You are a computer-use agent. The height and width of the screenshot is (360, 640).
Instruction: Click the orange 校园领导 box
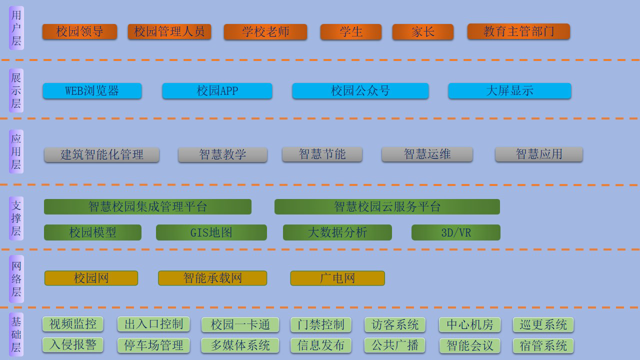point(79,31)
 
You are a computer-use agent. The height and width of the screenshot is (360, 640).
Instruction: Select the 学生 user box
point(351,31)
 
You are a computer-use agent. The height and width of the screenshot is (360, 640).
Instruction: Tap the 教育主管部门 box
point(518,31)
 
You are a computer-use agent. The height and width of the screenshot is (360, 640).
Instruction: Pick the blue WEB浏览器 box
point(92,91)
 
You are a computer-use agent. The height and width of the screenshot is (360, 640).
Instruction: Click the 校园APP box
point(217,91)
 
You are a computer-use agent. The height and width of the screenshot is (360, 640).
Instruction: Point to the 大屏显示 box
point(509,91)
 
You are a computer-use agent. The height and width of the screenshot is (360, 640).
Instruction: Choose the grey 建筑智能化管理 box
point(101,154)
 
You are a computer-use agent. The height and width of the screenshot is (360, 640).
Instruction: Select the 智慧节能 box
point(322,154)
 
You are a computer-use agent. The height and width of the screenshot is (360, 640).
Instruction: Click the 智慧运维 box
point(427,154)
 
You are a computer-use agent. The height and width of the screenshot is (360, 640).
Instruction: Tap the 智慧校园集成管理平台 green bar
point(147,206)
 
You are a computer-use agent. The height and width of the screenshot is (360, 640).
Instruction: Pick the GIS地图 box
point(211,232)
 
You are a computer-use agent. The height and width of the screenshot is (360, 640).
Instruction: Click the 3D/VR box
point(456,232)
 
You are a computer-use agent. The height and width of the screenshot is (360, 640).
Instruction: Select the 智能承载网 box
point(212,278)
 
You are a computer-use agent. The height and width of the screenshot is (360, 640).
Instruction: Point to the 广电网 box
point(337,278)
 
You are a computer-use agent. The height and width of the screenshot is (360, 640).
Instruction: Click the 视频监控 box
point(73,324)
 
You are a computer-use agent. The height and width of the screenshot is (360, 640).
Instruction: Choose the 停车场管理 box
point(153,345)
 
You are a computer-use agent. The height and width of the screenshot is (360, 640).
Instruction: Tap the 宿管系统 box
point(543,345)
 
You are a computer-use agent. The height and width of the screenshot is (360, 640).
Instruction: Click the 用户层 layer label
point(16,28)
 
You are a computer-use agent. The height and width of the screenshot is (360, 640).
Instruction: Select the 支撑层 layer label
point(16,218)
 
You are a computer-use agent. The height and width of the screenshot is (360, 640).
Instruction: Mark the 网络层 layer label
point(16,279)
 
